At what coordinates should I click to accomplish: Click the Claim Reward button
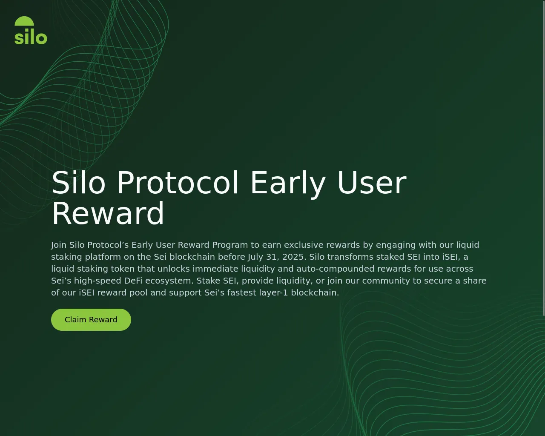(91, 319)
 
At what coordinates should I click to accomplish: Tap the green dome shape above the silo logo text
(24, 21)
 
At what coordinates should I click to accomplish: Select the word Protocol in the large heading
(178, 183)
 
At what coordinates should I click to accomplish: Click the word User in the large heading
(372, 183)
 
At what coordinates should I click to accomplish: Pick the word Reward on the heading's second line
(108, 213)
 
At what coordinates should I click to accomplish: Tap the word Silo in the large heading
(78, 183)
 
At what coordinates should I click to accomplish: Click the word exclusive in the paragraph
(304, 245)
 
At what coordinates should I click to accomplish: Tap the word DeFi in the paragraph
(133, 281)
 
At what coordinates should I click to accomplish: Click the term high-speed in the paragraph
(97, 281)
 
